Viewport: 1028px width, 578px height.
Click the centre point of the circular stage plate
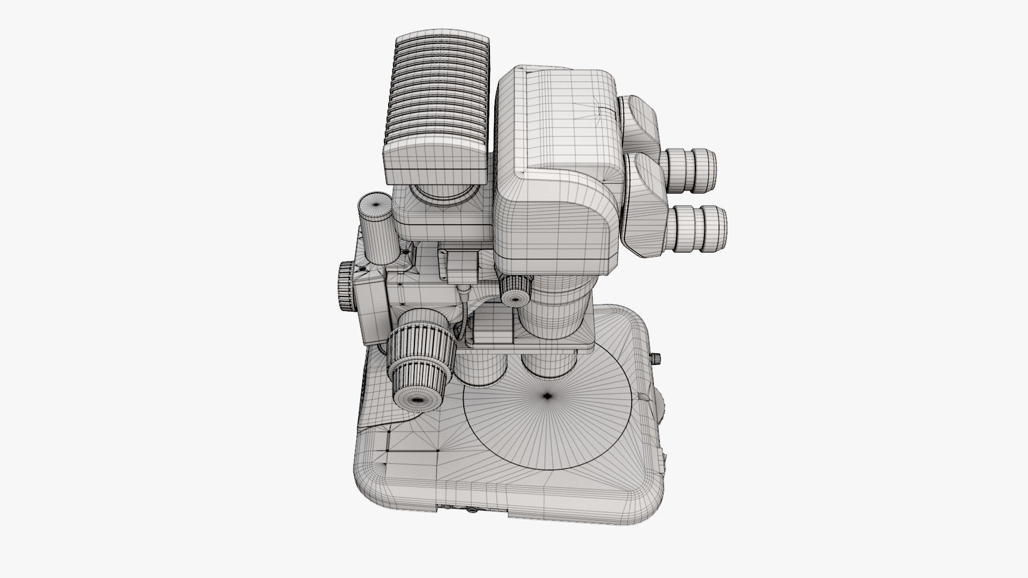547,396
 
